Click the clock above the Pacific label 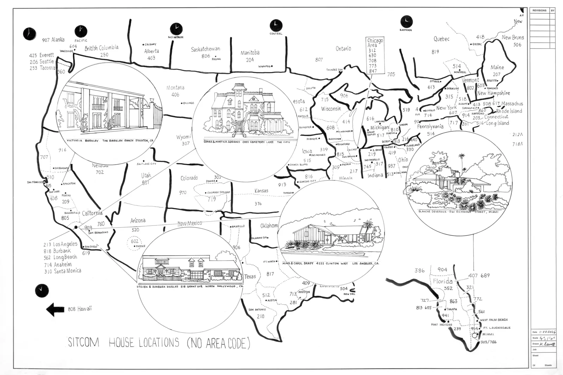coord(81,31)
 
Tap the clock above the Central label coord(276,25)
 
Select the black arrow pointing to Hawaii coord(55,310)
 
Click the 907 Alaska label coord(54,40)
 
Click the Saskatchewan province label coord(206,49)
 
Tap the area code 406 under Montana coord(175,95)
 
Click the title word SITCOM coord(83,342)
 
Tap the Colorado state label coord(189,178)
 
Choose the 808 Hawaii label coord(80,309)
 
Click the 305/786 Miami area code coord(489,342)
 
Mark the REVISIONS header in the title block coord(539,11)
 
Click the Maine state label coord(497,67)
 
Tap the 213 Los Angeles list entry coord(60,244)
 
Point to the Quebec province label coord(441,39)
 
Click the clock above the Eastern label coord(406,21)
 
